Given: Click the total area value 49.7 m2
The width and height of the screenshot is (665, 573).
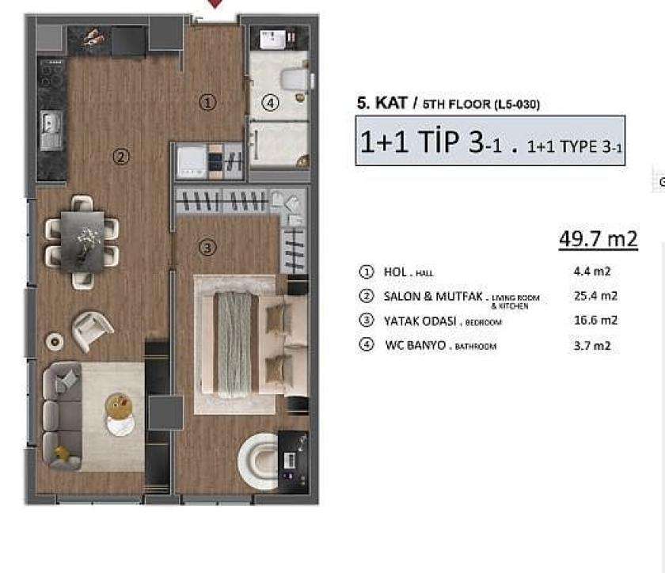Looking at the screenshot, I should [x=598, y=238].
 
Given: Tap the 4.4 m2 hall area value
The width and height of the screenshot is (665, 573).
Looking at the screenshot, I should [x=591, y=271].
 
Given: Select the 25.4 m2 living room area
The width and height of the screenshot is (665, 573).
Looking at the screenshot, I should [x=595, y=296].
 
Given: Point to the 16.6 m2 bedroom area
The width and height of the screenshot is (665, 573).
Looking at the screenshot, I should [x=595, y=321].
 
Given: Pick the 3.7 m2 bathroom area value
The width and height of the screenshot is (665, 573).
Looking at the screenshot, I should [x=591, y=345].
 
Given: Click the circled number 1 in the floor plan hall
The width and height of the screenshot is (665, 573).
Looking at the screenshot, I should [x=207, y=102].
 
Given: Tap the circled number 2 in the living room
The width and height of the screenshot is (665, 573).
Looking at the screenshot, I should [x=120, y=157].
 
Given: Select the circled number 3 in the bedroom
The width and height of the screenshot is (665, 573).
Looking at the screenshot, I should [x=207, y=248].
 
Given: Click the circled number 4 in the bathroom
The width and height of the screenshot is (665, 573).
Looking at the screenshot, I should [x=271, y=103].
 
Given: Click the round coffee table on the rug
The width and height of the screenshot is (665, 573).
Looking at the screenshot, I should [x=120, y=408].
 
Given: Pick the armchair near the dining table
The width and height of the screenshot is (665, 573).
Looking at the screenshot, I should [x=92, y=329].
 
